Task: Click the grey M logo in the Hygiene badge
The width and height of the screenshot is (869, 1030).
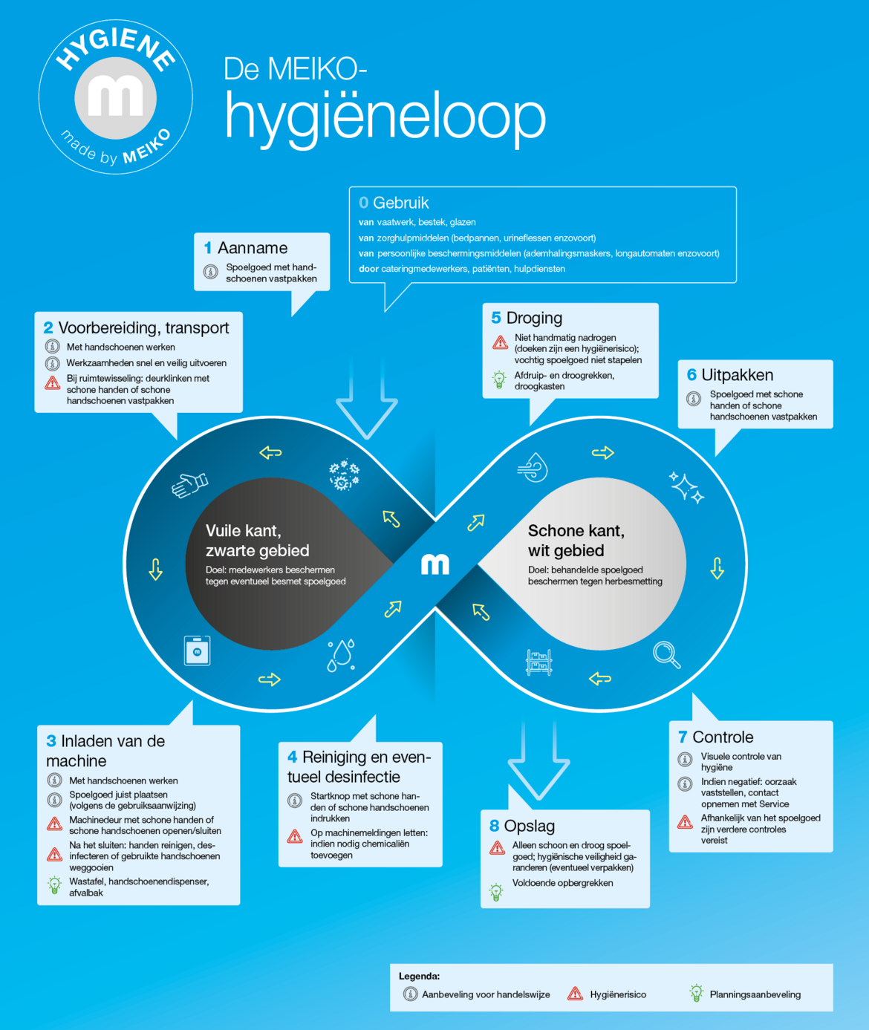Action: tap(115, 98)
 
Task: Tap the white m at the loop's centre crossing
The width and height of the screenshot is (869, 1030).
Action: tap(434, 564)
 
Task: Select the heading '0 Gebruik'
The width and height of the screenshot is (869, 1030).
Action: tap(394, 203)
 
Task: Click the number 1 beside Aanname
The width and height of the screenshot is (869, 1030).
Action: tap(208, 247)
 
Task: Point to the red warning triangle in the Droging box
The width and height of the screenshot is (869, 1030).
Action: tap(500, 342)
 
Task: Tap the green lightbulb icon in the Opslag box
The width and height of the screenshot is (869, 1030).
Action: tap(496, 891)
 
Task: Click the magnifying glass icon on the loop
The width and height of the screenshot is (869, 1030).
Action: tap(667, 654)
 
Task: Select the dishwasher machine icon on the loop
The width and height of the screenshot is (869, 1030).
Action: tap(197, 651)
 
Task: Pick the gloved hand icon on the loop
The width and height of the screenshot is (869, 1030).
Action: tap(189, 485)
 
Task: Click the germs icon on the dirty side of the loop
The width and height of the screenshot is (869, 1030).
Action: tap(345, 475)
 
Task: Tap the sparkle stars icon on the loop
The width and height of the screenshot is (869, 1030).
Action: tap(686, 487)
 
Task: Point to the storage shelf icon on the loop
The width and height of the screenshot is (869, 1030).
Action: tap(539, 662)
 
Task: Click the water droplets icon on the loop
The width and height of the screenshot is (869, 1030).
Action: tap(341, 656)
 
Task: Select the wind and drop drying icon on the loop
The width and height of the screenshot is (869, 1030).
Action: tap(533, 467)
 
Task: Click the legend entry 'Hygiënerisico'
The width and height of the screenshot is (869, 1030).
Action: tap(607, 994)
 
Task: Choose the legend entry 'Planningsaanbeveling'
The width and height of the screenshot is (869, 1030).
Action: tap(745, 994)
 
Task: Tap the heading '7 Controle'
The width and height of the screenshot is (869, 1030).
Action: tap(715, 737)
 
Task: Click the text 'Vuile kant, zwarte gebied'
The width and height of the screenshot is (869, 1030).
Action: tap(258, 540)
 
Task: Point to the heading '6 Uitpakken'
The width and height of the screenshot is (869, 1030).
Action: tap(730, 375)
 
